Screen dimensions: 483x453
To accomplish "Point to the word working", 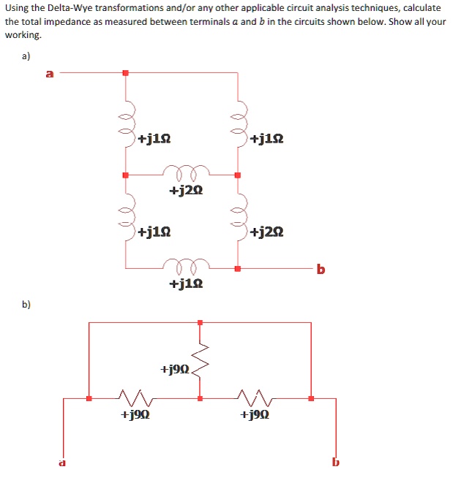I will click(x=23, y=35).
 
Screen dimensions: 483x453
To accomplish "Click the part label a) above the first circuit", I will click(x=26, y=56).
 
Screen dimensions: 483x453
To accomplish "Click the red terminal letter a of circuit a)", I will click(x=50, y=73).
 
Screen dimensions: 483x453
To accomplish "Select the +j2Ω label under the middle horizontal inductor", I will click(x=185, y=191).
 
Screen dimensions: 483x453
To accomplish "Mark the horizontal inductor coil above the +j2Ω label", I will click(x=181, y=172).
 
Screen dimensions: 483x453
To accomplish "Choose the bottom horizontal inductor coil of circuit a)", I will click(x=181, y=264).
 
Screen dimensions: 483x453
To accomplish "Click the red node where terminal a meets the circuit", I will click(x=125, y=72).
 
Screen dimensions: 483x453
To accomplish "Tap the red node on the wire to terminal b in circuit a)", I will click(x=236, y=269).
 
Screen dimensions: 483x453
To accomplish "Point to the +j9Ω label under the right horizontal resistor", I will click(x=254, y=415).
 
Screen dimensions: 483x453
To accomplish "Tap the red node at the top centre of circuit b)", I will click(x=201, y=322).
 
